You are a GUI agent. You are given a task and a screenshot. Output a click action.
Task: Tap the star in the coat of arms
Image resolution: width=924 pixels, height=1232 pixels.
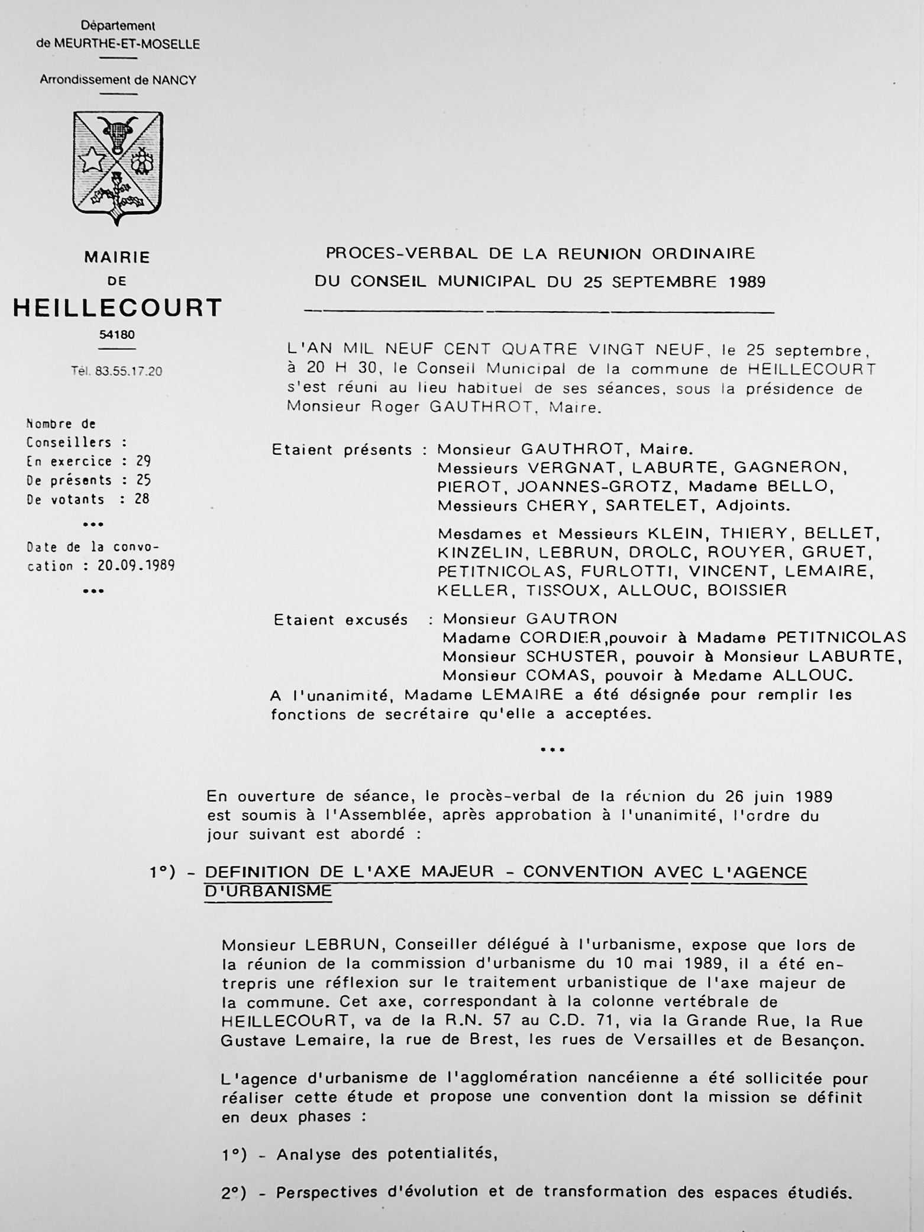pyautogui.click(x=93, y=159)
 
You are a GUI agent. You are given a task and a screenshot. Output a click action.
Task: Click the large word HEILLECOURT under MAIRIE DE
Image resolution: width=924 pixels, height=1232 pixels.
pyautogui.click(x=118, y=308)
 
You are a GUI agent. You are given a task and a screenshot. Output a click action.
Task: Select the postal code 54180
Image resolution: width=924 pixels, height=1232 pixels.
pyautogui.click(x=117, y=335)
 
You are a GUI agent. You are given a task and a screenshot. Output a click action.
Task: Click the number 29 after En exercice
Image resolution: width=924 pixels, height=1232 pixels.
pyautogui.click(x=143, y=461)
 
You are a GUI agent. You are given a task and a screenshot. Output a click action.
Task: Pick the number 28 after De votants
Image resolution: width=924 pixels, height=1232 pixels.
pyautogui.click(x=142, y=499)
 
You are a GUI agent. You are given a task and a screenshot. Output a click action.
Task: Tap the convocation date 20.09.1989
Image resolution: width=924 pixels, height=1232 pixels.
pyautogui.click(x=136, y=565)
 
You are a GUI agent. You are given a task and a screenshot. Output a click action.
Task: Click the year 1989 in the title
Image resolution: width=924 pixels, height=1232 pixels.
pyautogui.click(x=747, y=282)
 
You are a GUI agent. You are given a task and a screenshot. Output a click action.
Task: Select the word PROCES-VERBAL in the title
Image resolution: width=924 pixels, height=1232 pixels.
pyautogui.click(x=402, y=254)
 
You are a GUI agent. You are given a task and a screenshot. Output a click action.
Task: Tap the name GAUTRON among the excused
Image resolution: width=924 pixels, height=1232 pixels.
pyautogui.click(x=571, y=619)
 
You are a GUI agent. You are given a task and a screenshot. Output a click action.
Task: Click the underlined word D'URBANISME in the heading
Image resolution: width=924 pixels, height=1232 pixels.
pyautogui.click(x=268, y=891)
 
